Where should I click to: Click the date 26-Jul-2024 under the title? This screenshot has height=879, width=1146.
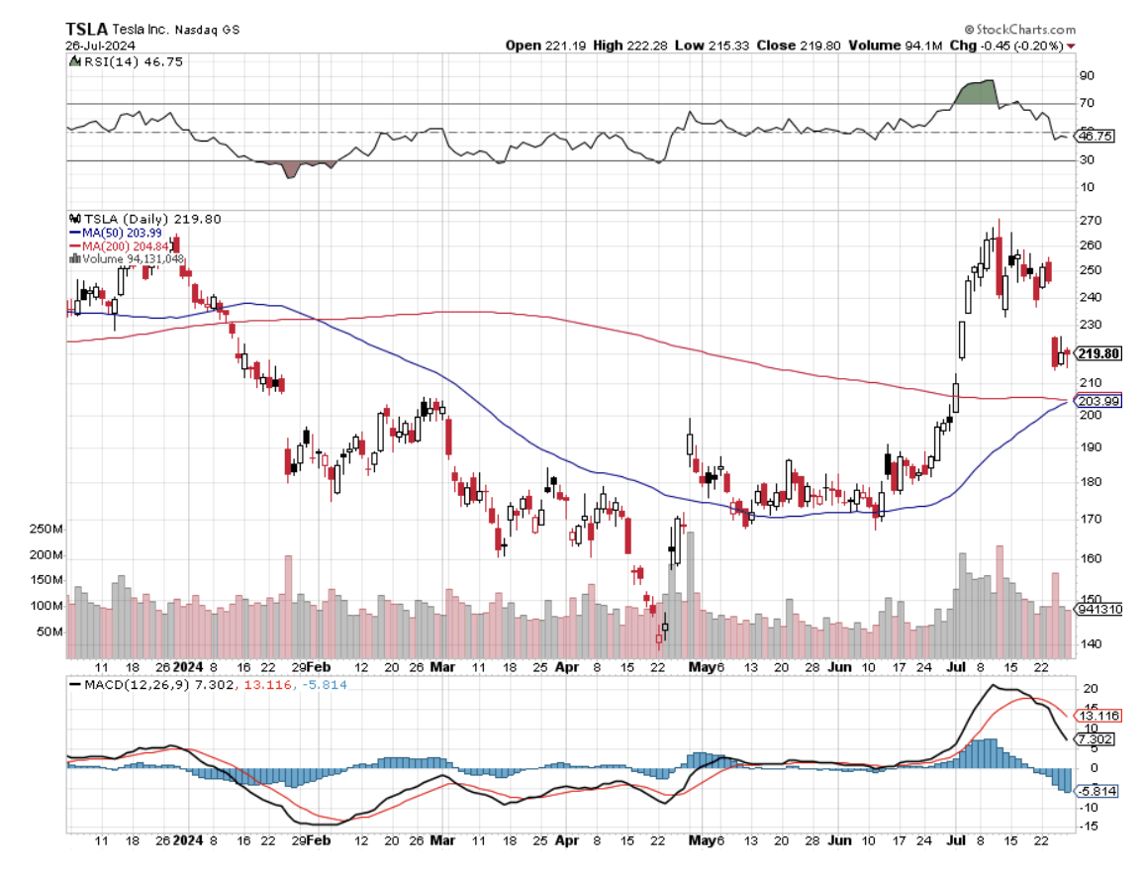tap(98, 46)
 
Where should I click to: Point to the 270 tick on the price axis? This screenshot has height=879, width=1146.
tap(1090, 220)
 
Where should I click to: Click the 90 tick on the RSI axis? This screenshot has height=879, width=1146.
tap(1087, 75)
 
